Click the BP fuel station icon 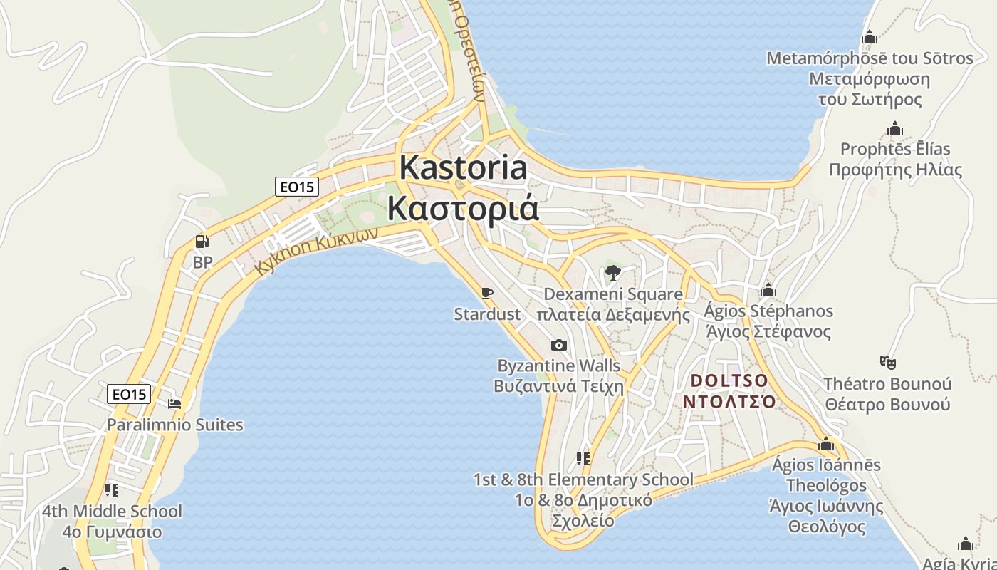coord(202,242)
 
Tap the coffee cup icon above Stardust coord(487,293)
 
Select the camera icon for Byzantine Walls coord(559,346)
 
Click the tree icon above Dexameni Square coord(612,272)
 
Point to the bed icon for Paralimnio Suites coord(174,404)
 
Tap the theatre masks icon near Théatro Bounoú coord(887,363)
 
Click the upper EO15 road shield coord(296,187)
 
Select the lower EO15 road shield coord(129,393)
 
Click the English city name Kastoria coord(463,167)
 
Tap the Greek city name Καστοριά coord(463,208)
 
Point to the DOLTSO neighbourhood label coord(729,380)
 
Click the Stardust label coord(487,313)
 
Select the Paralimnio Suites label coord(174,425)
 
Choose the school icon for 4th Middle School coord(112,489)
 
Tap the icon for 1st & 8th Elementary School coord(583,458)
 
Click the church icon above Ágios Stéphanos coord(768,290)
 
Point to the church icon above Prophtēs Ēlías coord(895,129)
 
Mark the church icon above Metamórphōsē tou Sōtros coord(869,37)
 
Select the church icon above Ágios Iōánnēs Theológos coord(826,445)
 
